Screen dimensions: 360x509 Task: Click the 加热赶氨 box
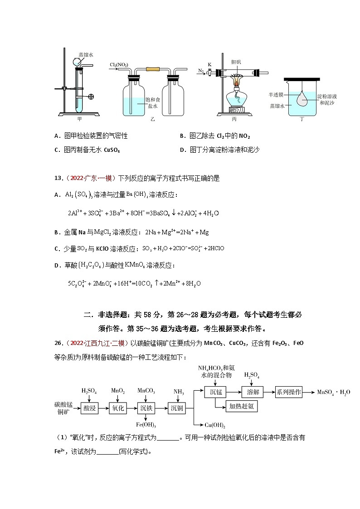pos(242,407)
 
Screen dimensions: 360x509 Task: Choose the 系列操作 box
pos(289,392)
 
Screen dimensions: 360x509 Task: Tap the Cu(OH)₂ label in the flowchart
pos(215,425)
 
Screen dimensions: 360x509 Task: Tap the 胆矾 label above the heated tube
pos(236,62)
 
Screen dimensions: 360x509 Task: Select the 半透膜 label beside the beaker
pos(275,95)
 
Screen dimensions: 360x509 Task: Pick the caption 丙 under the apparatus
pos(234,119)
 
